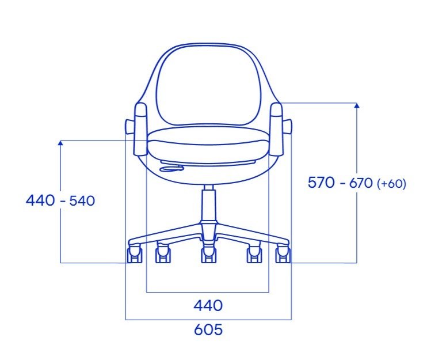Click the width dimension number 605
208,329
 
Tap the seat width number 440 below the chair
208,305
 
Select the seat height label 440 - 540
60,200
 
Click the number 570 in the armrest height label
321,183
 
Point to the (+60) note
391,184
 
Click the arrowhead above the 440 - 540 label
60,142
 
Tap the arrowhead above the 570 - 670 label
357,105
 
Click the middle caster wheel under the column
208,254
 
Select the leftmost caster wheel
135,253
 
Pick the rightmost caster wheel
283,253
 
